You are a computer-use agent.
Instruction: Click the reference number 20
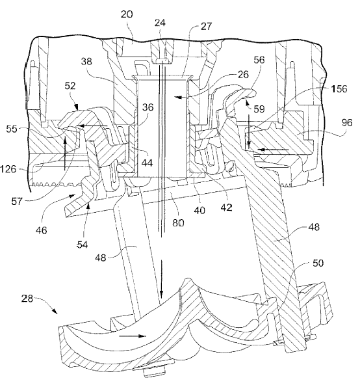click(127, 14)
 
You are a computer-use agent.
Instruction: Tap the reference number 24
click(160, 23)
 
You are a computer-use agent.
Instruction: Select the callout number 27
click(206, 26)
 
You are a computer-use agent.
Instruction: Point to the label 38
click(86, 61)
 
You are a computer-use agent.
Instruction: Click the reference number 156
click(339, 89)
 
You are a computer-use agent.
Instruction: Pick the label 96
click(346, 122)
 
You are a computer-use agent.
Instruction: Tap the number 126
click(8, 169)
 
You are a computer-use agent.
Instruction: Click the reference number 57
click(17, 201)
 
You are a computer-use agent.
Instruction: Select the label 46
click(41, 230)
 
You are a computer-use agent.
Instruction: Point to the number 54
click(82, 245)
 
